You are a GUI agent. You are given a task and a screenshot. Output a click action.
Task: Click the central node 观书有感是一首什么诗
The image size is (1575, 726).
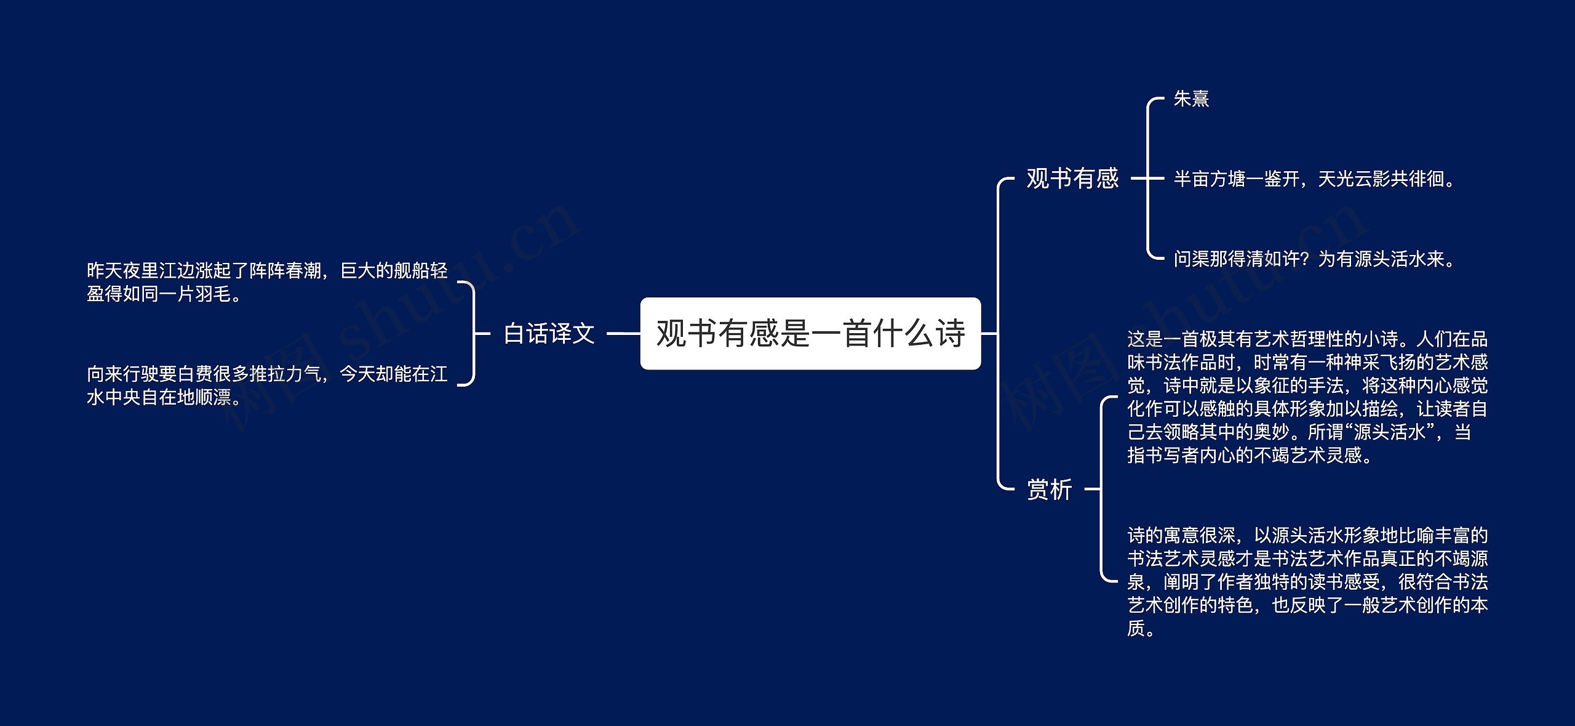pyautogui.click(x=810, y=333)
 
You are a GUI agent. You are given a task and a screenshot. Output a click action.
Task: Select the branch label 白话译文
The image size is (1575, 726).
pyautogui.click(x=549, y=333)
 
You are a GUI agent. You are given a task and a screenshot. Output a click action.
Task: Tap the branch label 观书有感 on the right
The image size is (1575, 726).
pyautogui.click(x=1072, y=179)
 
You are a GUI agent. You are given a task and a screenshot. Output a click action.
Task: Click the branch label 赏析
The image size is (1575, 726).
pyautogui.click(x=1050, y=490)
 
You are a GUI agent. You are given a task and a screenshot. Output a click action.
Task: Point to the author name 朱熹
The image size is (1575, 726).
pyautogui.click(x=1191, y=99)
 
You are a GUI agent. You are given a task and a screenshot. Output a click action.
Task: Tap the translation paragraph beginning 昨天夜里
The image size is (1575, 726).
pyautogui.click(x=267, y=282)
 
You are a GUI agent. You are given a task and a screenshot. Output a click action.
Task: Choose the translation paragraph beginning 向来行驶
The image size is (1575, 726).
pyautogui.click(x=267, y=385)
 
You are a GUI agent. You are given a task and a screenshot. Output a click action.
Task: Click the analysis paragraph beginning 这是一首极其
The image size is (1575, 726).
pyautogui.click(x=1307, y=397)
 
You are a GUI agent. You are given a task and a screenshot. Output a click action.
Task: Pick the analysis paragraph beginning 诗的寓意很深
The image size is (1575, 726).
pyautogui.click(x=1307, y=581)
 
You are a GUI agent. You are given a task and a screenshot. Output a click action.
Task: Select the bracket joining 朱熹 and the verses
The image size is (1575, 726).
pyautogui.click(x=1148, y=179)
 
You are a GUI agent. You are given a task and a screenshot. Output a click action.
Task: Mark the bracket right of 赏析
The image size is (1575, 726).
pyautogui.click(x=1101, y=490)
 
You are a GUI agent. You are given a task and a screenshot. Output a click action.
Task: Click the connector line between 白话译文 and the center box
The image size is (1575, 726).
pyautogui.click(x=623, y=333)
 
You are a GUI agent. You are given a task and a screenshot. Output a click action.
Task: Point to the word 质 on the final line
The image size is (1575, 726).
pyautogui.click(x=1136, y=628)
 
